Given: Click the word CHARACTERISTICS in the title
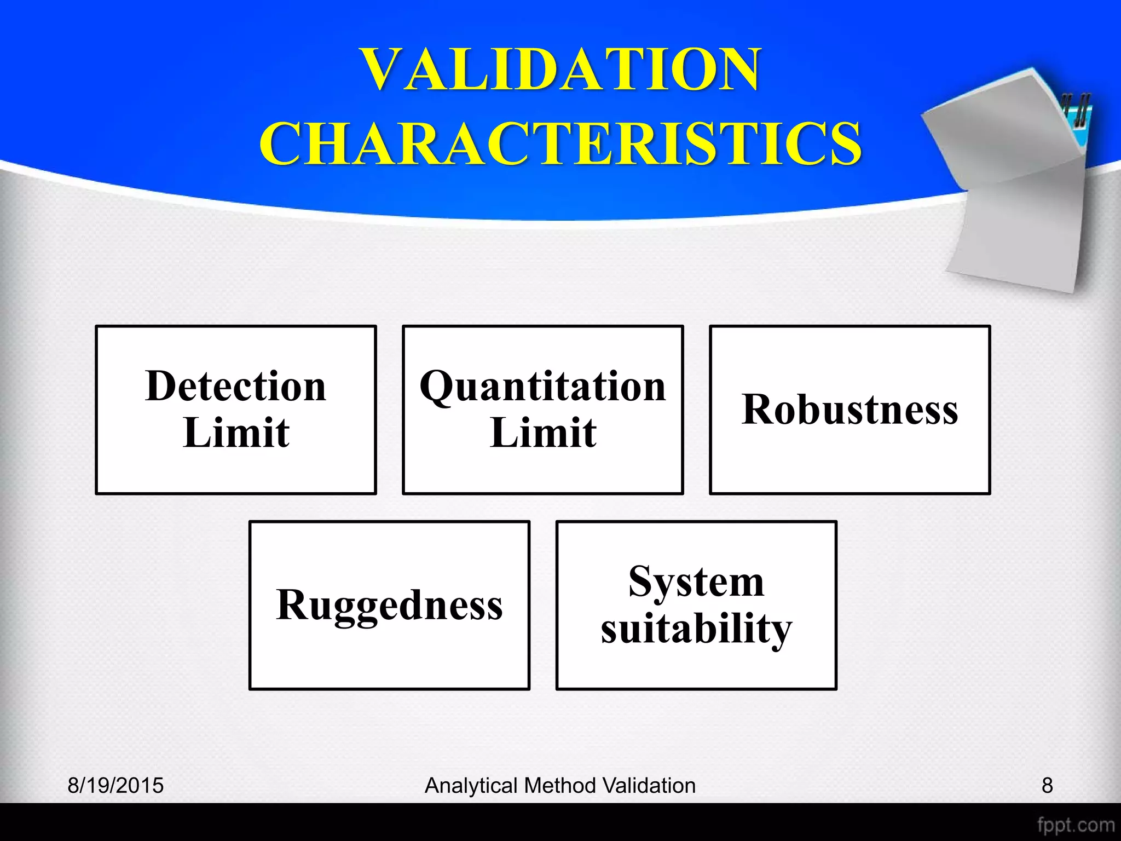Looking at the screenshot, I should pyautogui.click(x=560, y=143).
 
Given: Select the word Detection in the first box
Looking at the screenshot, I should pyautogui.click(x=236, y=387).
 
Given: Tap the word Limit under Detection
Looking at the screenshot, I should pyautogui.click(x=236, y=433).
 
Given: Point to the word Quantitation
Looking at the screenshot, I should pyautogui.click(x=543, y=387).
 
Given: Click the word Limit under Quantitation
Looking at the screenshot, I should pyautogui.click(x=543, y=433).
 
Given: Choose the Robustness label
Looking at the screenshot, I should pyautogui.click(x=850, y=410).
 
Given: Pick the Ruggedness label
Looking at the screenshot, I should pyautogui.click(x=389, y=605).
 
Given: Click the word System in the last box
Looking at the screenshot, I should pyautogui.click(x=696, y=582).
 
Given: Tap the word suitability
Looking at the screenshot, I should pyautogui.click(x=696, y=629).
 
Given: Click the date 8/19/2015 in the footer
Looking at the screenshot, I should pyautogui.click(x=115, y=786).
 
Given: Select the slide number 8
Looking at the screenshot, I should pyautogui.click(x=1047, y=786).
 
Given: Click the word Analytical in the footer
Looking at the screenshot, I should pyautogui.click(x=471, y=786).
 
